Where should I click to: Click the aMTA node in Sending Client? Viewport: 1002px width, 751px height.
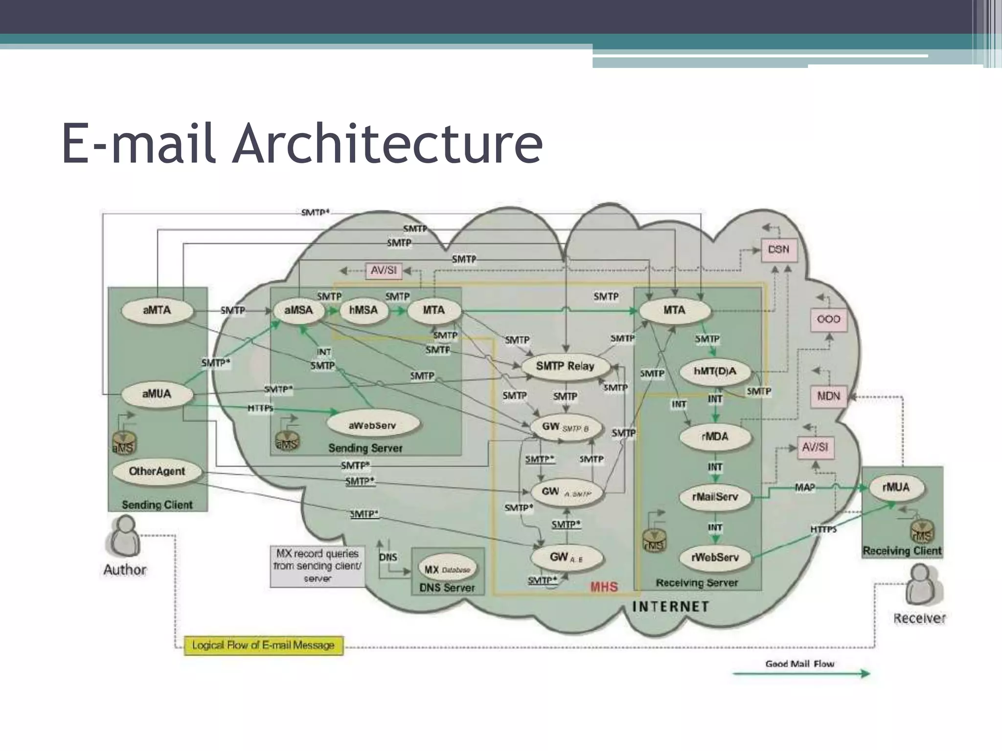[x=157, y=310]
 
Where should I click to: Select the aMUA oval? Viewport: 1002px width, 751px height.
[x=157, y=394]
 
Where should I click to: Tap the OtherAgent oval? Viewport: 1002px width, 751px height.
[x=157, y=471]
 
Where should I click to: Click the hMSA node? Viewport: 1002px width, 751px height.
[x=364, y=310]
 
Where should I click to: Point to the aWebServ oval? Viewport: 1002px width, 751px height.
[x=372, y=425]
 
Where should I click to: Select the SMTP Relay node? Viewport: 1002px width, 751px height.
[x=565, y=366]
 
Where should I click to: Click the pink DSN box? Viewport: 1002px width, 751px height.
[x=778, y=249]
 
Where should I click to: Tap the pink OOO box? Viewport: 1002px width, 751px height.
[x=828, y=319]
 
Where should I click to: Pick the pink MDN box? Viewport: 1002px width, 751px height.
[x=828, y=396]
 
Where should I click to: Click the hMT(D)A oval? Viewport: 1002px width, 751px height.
[x=715, y=372]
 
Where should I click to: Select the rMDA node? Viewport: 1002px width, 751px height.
[x=715, y=436]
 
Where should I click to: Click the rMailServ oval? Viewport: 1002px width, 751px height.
[x=715, y=497]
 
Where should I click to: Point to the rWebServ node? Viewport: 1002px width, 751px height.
[x=715, y=557]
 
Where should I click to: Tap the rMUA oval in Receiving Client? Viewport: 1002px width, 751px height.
[x=896, y=487]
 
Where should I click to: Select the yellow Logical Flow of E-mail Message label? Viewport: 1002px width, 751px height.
[x=263, y=645]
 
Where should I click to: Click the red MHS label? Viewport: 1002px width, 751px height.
[x=604, y=587]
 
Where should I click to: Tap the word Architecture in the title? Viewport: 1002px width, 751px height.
[x=387, y=143]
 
